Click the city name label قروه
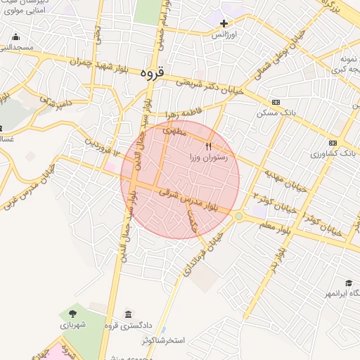pyautogui.click(x=152, y=72)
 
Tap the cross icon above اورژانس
pyautogui.click(x=224, y=23)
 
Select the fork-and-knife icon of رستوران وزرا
pyautogui.click(x=208, y=146)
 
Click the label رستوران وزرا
pyautogui.click(x=207, y=158)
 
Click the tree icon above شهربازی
pyautogui.click(x=72, y=313)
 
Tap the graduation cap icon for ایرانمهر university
pyautogui.click(x=349, y=283)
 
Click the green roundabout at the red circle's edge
pyautogui.click(x=238, y=216)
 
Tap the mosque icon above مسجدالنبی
pyautogui.click(x=15, y=37)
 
